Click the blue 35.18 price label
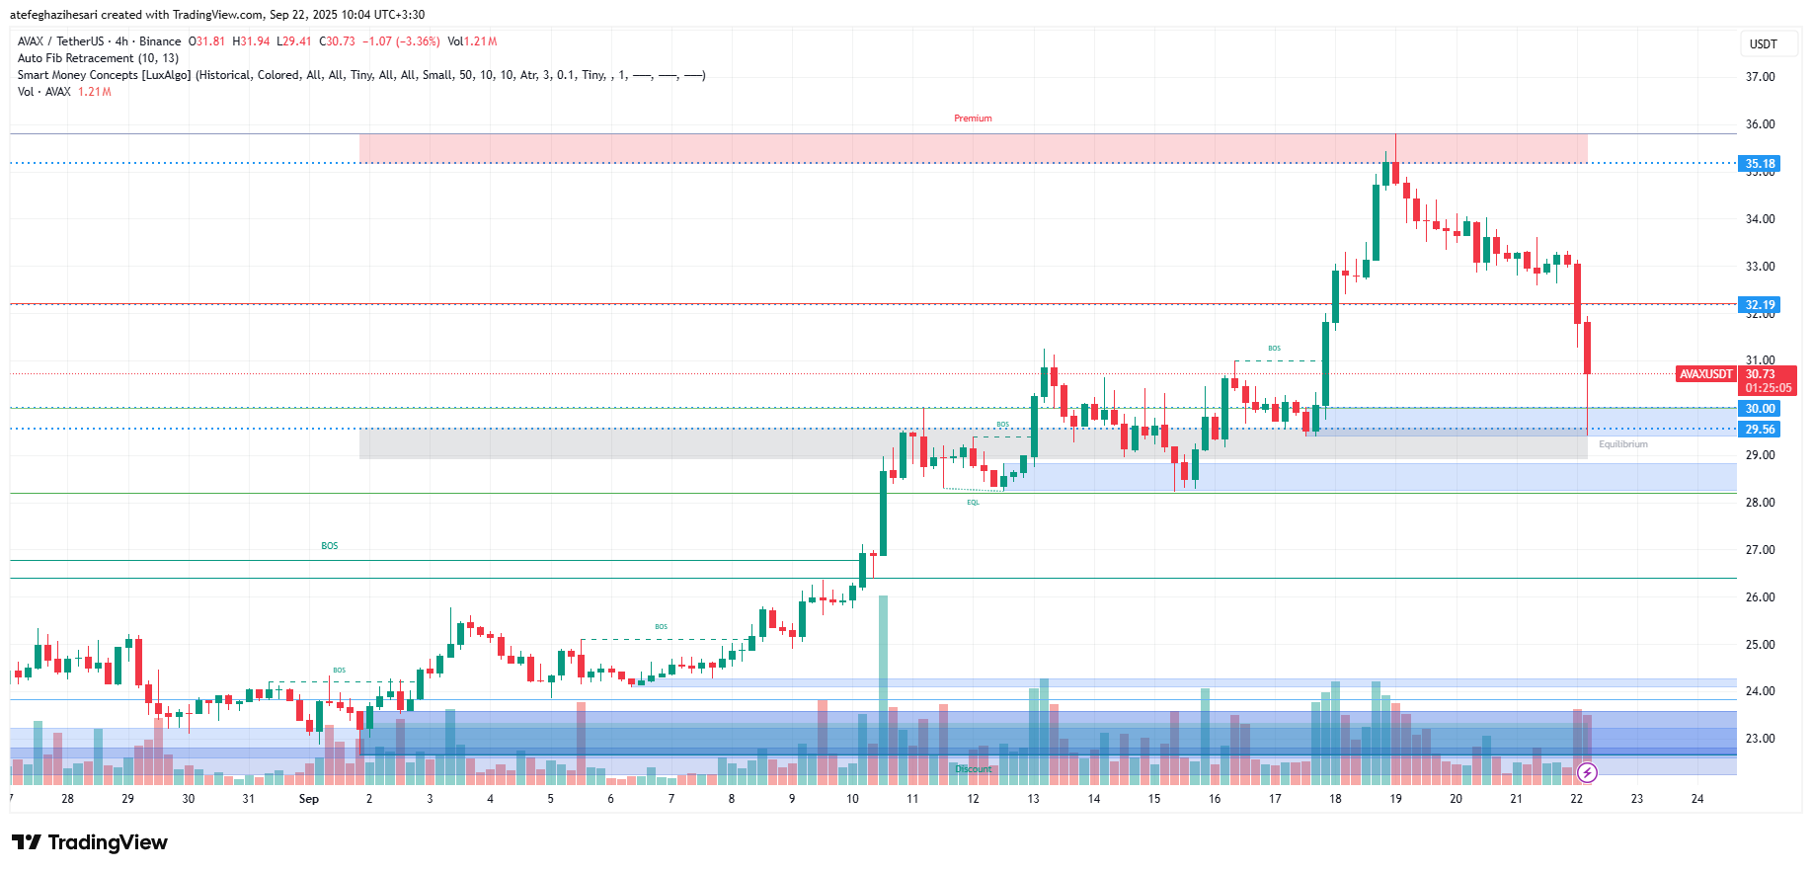(1759, 164)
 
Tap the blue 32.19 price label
(1759, 305)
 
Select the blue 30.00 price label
(1759, 409)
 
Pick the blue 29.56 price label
(1759, 430)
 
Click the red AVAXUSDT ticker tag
(1706, 374)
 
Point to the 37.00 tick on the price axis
(1760, 77)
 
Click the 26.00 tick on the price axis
(1760, 597)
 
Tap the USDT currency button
(1763, 44)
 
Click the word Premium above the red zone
(973, 119)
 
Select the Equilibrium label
(1622, 444)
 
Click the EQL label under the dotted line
(973, 503)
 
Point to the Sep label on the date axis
(309, 799)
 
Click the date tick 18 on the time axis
(1335, 799)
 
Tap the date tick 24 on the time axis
(1696, 799)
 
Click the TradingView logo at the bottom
(90, 842)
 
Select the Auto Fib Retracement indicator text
(98, 58)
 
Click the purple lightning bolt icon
(1586, 772)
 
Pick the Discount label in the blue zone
(973, 769)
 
